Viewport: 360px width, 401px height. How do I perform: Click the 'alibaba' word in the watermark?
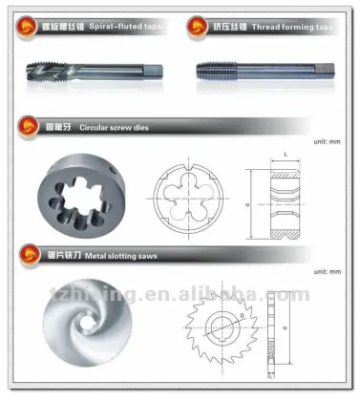pos(221,292)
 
